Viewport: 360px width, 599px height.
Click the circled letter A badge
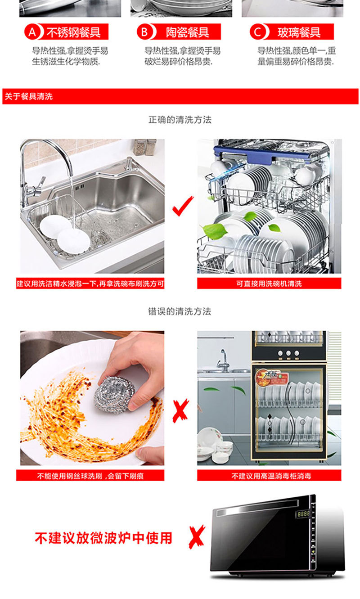point(32,32)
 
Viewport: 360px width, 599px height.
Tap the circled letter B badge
point(144,32)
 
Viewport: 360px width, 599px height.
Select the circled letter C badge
point(257,32)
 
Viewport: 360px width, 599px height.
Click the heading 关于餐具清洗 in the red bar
point(29,96)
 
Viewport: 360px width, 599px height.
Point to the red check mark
point(183,207)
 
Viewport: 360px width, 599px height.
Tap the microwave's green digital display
point(304,513)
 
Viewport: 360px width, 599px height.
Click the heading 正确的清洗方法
point(180,120)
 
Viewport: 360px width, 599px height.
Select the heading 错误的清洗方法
point(180,311)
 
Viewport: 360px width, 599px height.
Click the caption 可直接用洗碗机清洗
point(269,284)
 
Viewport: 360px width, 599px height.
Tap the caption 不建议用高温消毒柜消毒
point(271,476)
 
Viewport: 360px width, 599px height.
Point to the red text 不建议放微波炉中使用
point(103,538)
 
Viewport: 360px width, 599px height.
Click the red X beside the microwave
point(197,537)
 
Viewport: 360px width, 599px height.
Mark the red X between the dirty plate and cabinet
point(180,411)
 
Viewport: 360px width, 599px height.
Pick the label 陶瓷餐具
point(187,32)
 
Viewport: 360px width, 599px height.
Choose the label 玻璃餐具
point(299,32)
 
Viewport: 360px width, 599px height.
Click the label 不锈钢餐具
point(73,32)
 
